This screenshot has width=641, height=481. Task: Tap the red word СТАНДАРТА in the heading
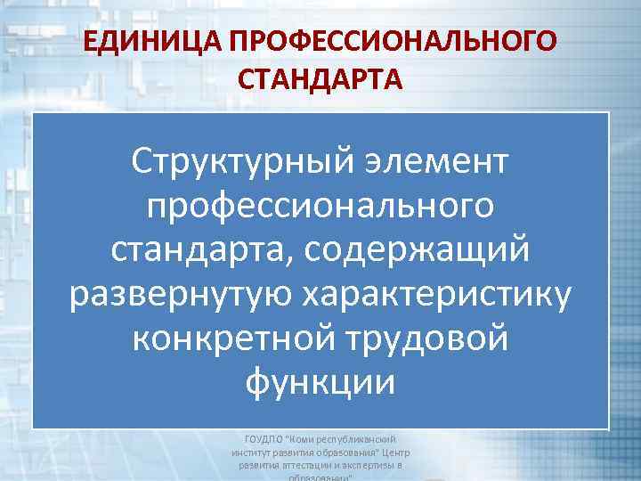[320, 79]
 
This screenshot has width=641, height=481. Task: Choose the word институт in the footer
[252, 452]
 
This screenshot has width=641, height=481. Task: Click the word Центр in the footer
[392, 452]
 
